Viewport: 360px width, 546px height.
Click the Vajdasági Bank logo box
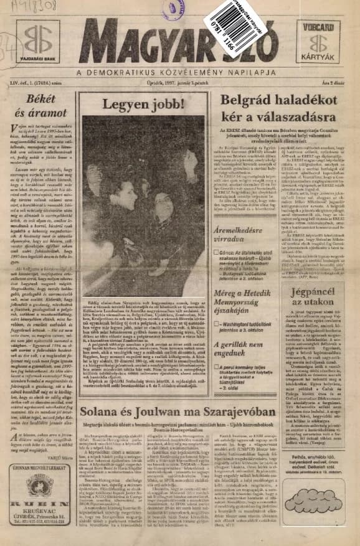tap(38, 42)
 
